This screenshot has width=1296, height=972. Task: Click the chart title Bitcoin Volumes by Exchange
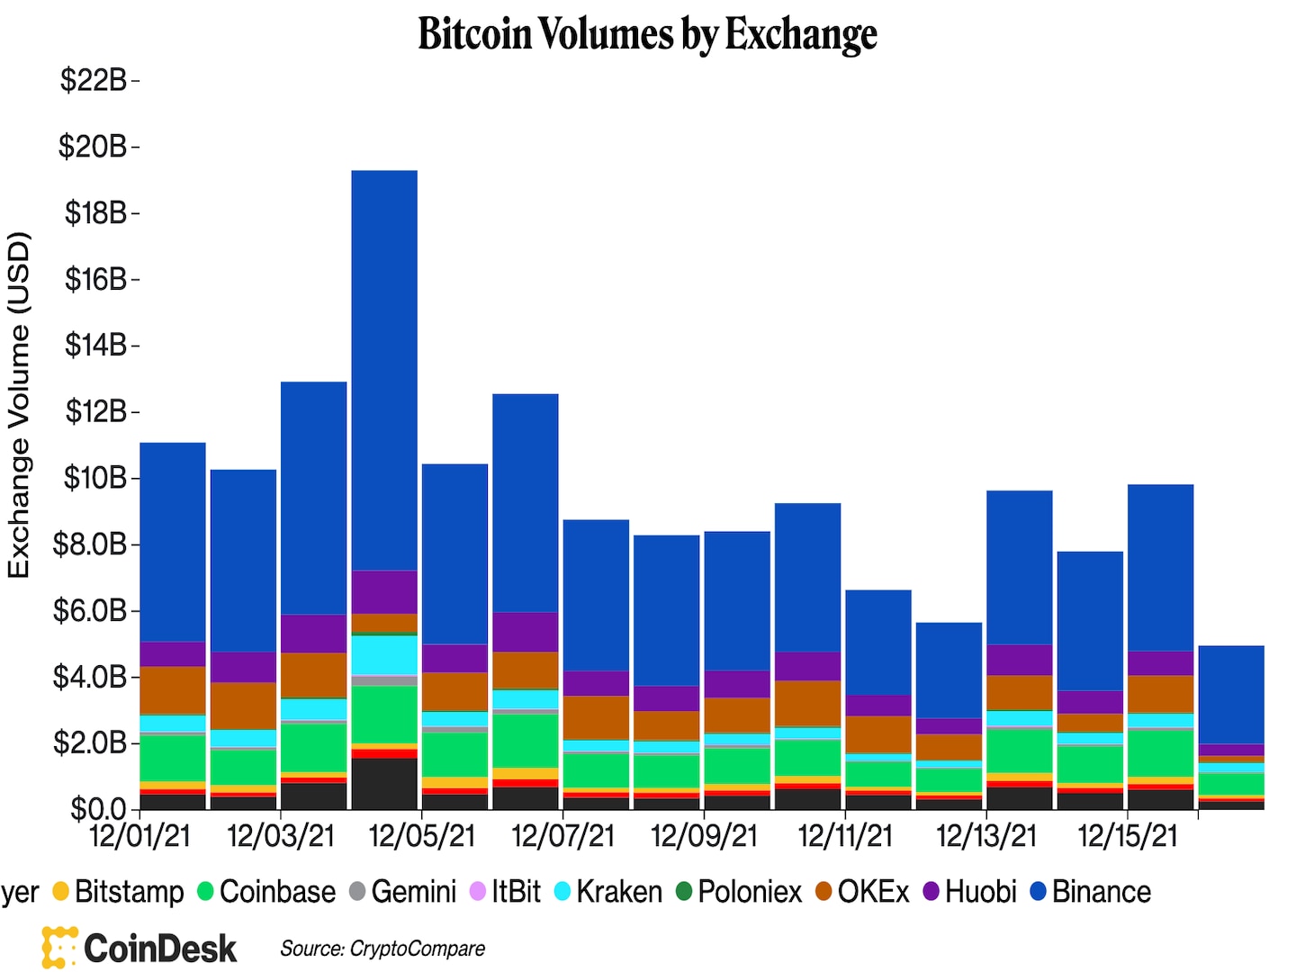coord(647,34)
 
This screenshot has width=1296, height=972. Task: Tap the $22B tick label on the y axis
coord(94,80)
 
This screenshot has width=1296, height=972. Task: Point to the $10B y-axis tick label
coord(94,478)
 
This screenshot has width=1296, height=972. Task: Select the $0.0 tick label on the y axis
coord(99,808)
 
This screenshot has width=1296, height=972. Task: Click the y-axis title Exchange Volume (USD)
coord(19,405)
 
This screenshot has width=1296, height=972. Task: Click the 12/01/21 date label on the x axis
coord(140,836)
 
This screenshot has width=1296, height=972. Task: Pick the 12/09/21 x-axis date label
coord(704,836)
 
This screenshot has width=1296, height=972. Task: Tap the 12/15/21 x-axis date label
coord(1127,836)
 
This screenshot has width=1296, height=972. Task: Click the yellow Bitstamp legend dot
coord(61,892)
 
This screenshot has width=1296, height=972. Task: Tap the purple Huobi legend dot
coord(931,892)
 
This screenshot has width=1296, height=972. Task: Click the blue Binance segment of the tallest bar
coord(384,369)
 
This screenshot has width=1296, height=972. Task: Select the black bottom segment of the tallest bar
coord(384,783)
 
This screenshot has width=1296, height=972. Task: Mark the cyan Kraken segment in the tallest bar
coord(384,654)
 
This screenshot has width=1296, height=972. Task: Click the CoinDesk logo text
coord(159,949)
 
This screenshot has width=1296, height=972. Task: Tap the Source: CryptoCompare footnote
coord(382,949)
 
